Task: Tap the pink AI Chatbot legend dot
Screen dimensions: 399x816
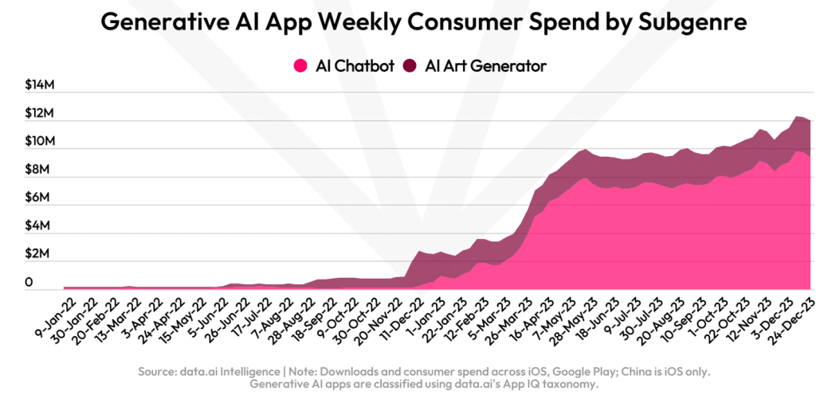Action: (301, 66)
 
